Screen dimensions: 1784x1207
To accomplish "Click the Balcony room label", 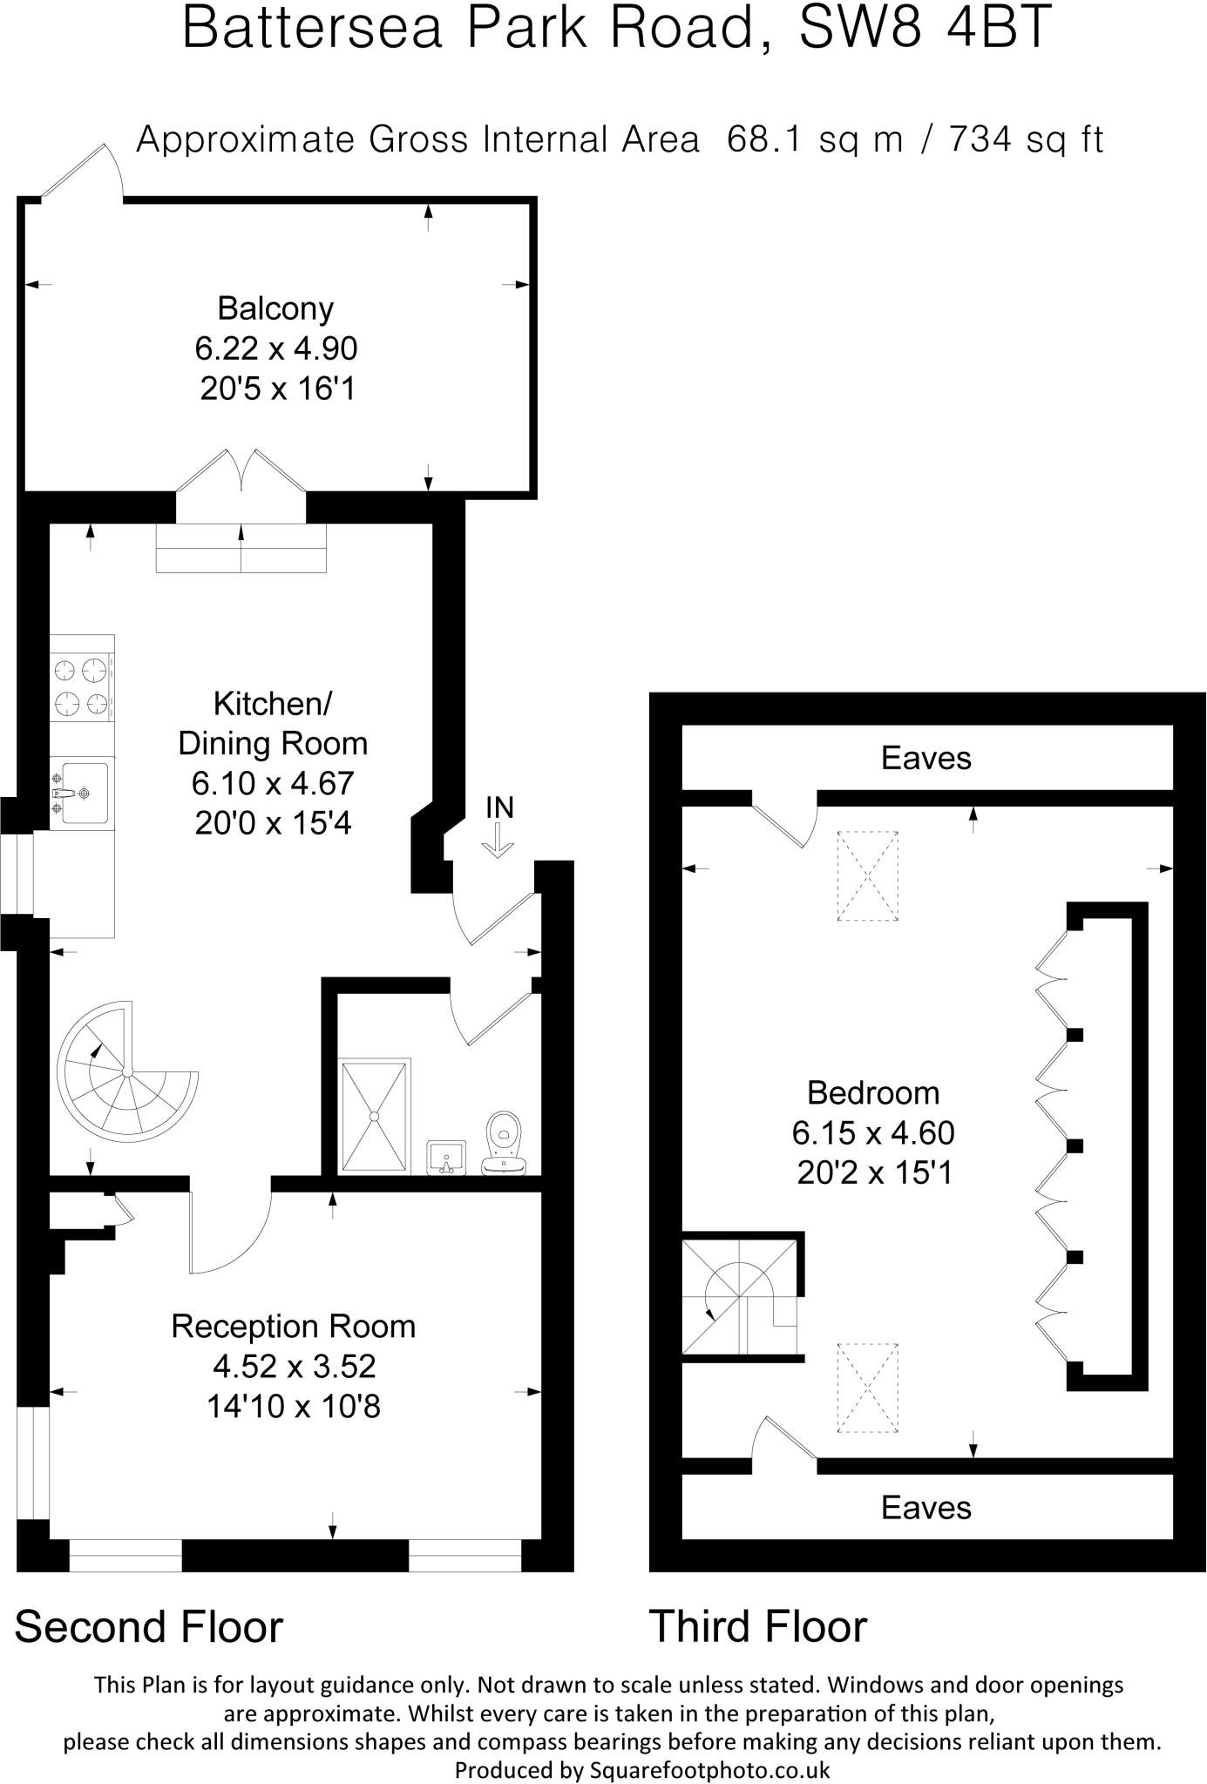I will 275,308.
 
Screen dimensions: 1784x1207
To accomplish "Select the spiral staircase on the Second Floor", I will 126,1072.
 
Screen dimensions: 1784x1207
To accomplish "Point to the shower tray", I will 374,1116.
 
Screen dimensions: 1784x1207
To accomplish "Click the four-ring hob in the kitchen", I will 81,686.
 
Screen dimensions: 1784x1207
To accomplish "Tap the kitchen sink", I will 80,793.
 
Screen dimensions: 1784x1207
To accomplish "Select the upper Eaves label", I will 926,758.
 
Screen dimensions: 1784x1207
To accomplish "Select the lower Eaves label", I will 926,1508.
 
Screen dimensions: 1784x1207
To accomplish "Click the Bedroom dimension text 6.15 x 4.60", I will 873,1133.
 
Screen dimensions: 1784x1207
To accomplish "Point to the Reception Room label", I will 293,1327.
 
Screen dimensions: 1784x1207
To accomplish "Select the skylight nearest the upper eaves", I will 867,875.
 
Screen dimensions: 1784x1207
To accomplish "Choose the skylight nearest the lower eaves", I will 867,1389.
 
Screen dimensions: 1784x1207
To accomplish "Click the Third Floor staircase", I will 739,1298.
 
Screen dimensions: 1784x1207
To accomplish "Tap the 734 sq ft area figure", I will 1026,139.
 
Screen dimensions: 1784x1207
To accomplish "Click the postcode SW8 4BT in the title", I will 926,28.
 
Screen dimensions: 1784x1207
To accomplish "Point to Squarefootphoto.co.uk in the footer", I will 709,1770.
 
